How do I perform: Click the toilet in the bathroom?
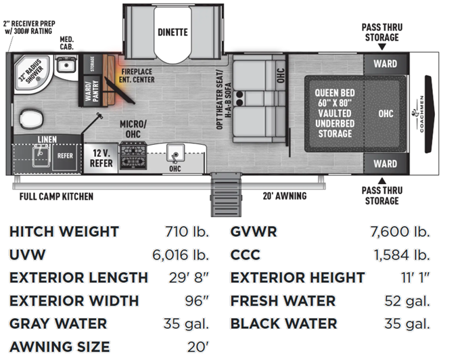(31, 119)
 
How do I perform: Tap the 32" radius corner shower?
(33, 73)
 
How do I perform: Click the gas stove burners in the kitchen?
(133, 156)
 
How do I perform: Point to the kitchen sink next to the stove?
(175, 153)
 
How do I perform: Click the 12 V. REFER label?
(101, 158)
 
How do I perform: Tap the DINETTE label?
(172, 32)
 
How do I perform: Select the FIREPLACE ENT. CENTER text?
(137, 76)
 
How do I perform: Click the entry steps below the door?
(226, 194)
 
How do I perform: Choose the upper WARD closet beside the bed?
(386, 64)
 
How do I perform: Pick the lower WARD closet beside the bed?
(386, 164)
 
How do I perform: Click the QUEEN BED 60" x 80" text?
(335, 98)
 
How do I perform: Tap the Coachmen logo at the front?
(419, 114)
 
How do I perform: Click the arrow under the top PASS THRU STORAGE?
(382, 47)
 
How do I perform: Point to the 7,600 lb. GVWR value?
(400, 231)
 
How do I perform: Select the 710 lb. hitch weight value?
(187, 231)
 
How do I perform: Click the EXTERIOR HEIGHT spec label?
(298, 277)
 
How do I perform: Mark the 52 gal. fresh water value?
(407, 301)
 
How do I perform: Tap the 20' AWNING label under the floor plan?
(285, 196)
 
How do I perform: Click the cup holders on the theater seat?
(239, 99)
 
